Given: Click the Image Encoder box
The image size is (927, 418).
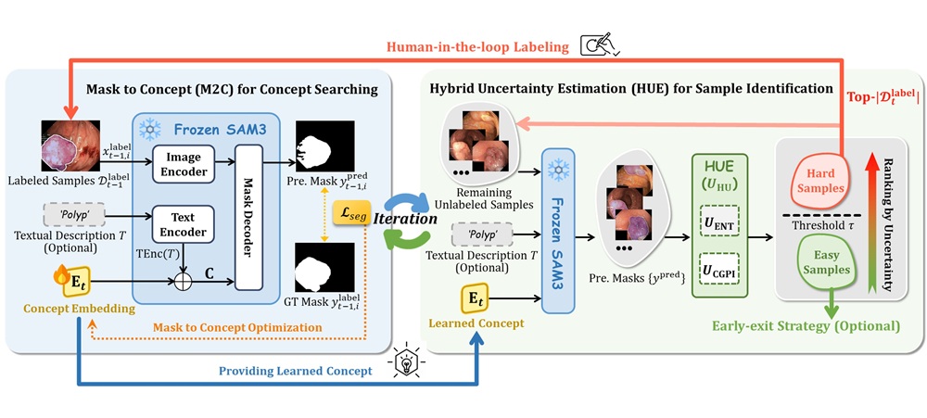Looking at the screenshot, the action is pos(184,163).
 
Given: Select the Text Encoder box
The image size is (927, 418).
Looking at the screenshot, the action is pos(184,224).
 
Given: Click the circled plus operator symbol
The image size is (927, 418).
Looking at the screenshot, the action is pos(184,283).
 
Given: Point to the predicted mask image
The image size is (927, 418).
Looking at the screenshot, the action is pos(325,146).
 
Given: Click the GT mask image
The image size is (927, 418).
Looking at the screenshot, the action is pos(325,268).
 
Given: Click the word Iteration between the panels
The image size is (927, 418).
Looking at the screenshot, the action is pos(405,219).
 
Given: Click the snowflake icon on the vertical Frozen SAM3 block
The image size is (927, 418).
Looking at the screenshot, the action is pos(557,170).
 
